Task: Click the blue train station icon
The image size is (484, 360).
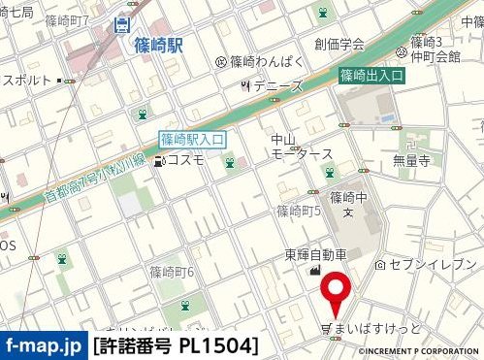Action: (x=122, y=25)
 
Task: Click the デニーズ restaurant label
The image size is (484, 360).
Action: (x=277, y=86)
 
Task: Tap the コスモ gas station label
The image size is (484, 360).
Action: (x=185, y=160)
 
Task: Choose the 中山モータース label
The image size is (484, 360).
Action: (x=302, y=147)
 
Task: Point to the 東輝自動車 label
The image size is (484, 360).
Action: (x=315, y=255)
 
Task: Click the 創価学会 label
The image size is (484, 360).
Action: (x=339, y=44)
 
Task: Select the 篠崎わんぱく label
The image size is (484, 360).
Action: (x=267, y=61)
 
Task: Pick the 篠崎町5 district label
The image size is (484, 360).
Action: (x=299, y=211)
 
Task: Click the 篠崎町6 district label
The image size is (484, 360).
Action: (x=173, y=272)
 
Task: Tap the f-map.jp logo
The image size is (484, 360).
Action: (x=44, y=345)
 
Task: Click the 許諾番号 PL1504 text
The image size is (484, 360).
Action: (x=177, y=345)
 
